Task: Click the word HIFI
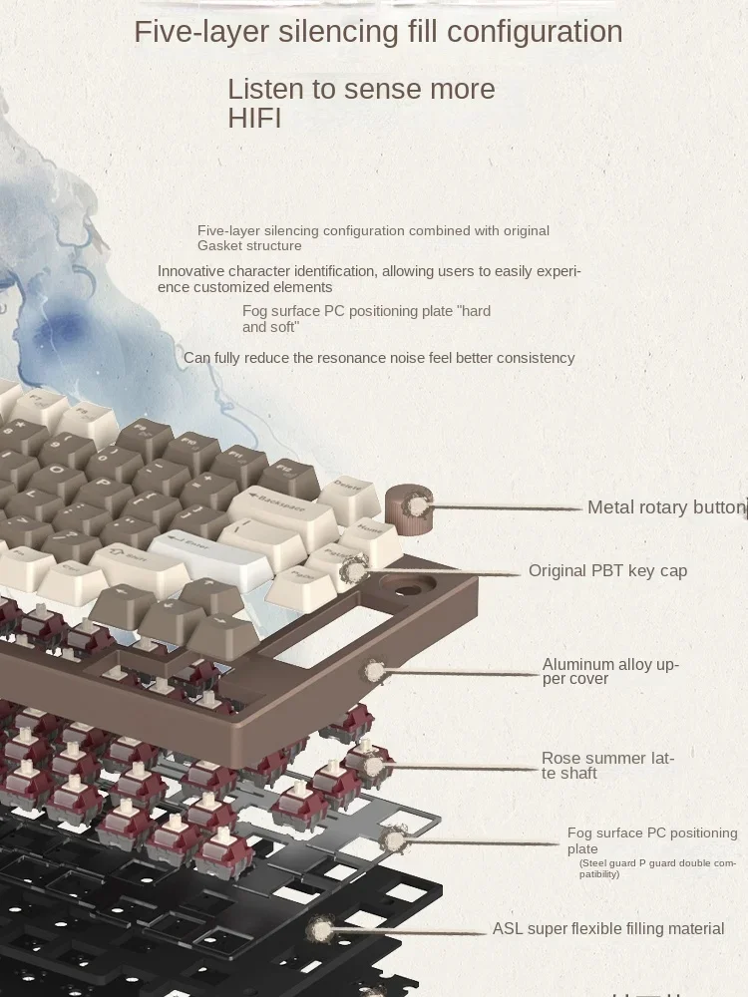click(x=254, y=119)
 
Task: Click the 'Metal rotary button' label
click(x=665, y=507)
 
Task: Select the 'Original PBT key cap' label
click(x=607, y=571)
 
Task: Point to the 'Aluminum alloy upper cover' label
click(x=610, y=671)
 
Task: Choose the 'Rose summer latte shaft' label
click(x=607, y=766)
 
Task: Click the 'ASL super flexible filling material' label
click(x=607, y=929)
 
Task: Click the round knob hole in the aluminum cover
click(x=410, y=588)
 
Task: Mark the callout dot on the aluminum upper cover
click(x=376, y=671)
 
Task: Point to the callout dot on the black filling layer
click(x=320, y=931)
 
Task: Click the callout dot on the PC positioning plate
click(x=395, y=841)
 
